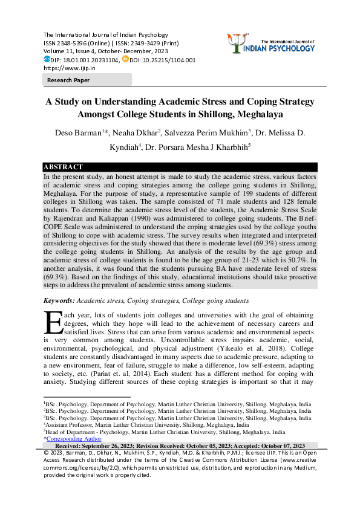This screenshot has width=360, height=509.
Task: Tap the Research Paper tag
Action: point(69,80)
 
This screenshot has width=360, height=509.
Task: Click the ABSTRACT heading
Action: point(63,167)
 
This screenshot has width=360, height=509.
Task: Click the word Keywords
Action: point(59,300)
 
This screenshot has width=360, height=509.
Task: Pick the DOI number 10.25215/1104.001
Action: point(168,60)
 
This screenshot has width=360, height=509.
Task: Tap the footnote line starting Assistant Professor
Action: point(145,425)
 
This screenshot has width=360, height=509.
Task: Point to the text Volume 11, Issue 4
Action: point(70,52)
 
